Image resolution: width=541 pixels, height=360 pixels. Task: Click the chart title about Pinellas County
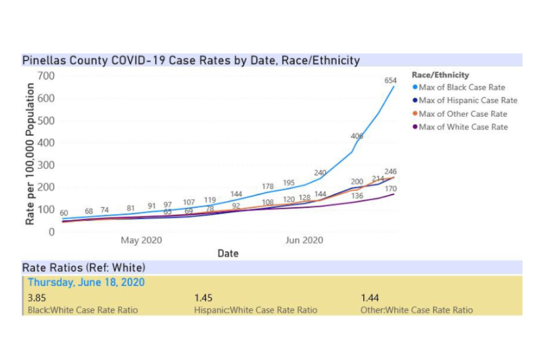point(191,60)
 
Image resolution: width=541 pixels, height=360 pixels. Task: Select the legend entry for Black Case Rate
point(462,88)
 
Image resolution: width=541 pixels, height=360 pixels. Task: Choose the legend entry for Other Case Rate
point(463,114)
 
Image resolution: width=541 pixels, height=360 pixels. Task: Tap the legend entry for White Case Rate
point(463,127)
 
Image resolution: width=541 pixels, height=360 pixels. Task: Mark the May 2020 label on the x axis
point(141,240)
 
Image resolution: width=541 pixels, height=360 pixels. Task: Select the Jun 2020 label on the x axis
point(304,240)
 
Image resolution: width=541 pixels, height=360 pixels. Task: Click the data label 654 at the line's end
point(390,81)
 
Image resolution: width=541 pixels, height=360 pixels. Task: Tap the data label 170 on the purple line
point(390,189)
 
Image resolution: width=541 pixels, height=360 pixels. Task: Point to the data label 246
point(390,172)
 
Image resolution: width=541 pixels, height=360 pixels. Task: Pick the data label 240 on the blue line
point(320,173)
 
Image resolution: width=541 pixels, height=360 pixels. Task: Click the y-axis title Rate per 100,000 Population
point(30,153)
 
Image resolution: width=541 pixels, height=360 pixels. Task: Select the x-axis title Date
point(227,253)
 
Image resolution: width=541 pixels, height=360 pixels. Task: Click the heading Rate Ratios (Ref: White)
point(84,267)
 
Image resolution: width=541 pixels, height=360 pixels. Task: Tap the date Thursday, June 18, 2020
point(86,282)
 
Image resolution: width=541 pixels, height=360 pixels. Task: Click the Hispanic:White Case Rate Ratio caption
point(255,310)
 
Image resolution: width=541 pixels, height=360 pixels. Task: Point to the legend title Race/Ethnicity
point(440,75)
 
